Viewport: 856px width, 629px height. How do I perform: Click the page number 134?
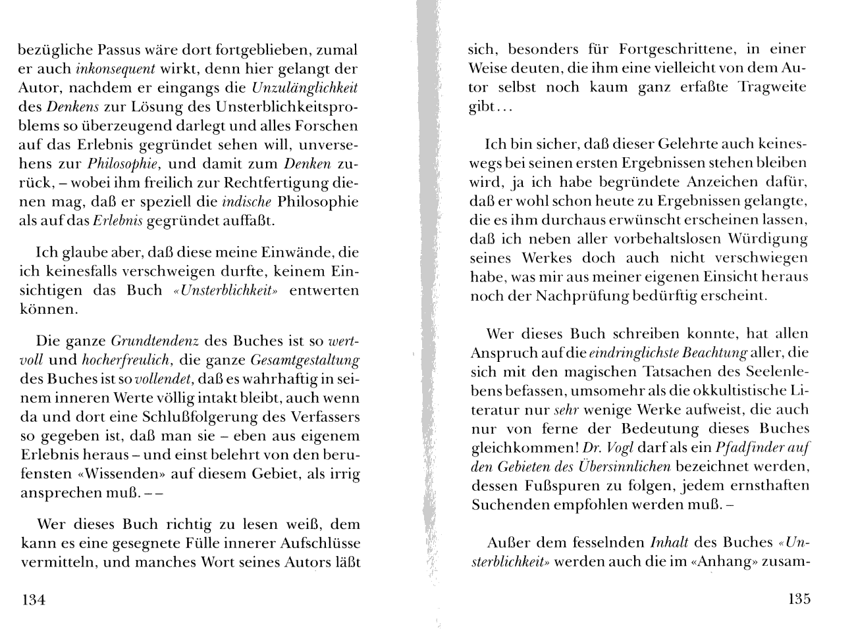(x=33, y=599)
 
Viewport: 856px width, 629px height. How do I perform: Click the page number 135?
(x=799, y=599)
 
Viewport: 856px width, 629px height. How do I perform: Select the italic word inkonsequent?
(x=116, y=68)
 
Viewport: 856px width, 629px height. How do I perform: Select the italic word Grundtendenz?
(x=155, y=341)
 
